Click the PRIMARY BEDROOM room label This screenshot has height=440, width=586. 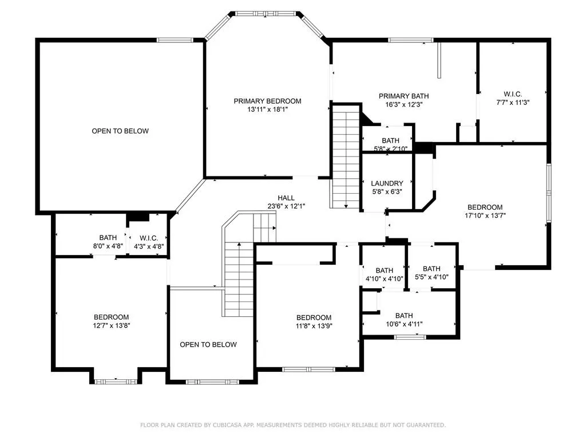[268, 101]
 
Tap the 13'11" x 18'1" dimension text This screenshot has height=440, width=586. [268, 109]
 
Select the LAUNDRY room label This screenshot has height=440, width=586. [387, 183]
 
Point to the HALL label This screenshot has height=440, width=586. [286, 198]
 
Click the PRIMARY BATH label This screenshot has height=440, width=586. [403, 96]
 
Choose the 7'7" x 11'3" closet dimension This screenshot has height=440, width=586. [513, 103]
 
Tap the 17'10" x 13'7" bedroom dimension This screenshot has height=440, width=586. [485, 215]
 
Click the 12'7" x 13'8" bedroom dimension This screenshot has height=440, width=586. [112, 325]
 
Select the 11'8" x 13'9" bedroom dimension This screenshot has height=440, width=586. [314, 326]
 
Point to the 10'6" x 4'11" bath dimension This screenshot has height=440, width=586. [404, 324]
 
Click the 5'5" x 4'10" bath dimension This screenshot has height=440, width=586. [431, 277]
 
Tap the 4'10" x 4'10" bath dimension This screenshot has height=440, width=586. [384, 279]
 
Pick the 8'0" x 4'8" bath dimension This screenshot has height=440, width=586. [108, 246]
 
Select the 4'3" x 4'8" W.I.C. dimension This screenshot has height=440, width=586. [149, 246]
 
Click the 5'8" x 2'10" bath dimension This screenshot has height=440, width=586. [390, 149]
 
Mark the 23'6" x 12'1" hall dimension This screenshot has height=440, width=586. [286, 206]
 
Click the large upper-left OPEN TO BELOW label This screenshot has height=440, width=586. [120, 131]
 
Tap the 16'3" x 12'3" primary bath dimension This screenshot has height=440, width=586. [403, 105]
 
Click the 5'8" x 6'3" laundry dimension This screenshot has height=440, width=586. [387, 192]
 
